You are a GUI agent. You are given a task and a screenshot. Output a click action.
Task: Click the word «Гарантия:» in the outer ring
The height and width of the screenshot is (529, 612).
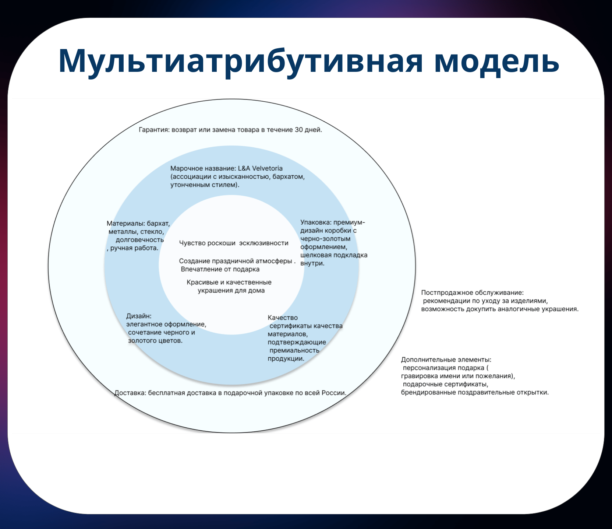[x=154, y=130]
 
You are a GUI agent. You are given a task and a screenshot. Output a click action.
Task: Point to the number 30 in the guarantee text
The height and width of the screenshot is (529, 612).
[x=299, y=130]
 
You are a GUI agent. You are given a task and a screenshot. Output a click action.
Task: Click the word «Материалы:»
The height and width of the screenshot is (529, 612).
[x=125, y=224]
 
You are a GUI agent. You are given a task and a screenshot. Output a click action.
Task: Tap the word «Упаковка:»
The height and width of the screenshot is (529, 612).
[x=316, y=223]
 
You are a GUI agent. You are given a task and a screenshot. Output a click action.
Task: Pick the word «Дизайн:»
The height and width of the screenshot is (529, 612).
[x=139, y=316]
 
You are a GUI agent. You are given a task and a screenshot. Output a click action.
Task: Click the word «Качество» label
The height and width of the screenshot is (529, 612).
[x=283, y=318]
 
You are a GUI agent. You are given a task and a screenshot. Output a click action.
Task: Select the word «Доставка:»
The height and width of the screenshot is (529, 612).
[x=130, y=393]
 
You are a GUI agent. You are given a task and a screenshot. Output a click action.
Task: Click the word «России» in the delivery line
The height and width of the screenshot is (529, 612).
[x=333, y=393]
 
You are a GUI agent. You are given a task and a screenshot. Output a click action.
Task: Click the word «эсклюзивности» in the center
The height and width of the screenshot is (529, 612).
[x=263, y=243]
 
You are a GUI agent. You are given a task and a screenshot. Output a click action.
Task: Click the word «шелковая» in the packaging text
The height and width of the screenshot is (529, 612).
[x=315, y=255]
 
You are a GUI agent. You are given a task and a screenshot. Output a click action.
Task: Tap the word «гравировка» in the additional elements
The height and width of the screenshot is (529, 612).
[x=418, y=376]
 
